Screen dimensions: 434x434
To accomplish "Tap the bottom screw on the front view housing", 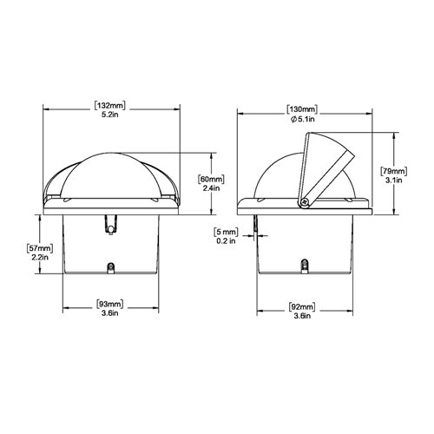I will pos(110,268).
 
